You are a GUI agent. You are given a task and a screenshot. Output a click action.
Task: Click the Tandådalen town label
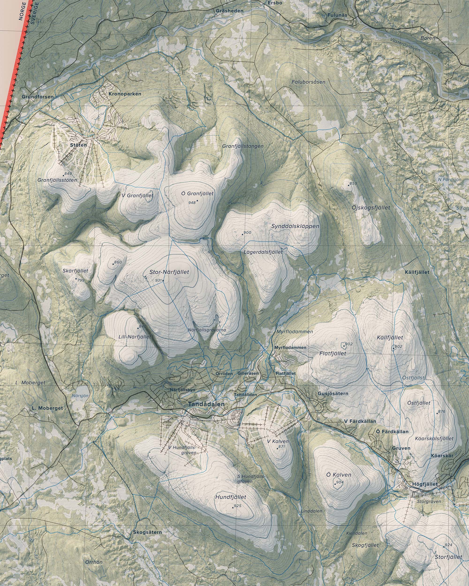[206, 404]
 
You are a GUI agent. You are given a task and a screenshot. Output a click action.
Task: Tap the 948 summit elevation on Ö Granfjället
[192, 203]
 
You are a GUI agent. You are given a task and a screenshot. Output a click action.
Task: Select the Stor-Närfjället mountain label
[169, 272]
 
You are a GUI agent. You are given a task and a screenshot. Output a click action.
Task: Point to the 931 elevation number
[159, 280]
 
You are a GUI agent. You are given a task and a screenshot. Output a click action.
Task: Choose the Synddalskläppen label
[295, 226]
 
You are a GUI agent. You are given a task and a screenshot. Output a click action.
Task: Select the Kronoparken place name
[125, 94]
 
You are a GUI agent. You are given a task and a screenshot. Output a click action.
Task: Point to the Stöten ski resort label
[78, 145]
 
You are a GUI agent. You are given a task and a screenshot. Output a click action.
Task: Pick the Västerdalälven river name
[405, 45]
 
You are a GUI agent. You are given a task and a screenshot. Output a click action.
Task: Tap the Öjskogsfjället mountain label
[371, 208]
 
